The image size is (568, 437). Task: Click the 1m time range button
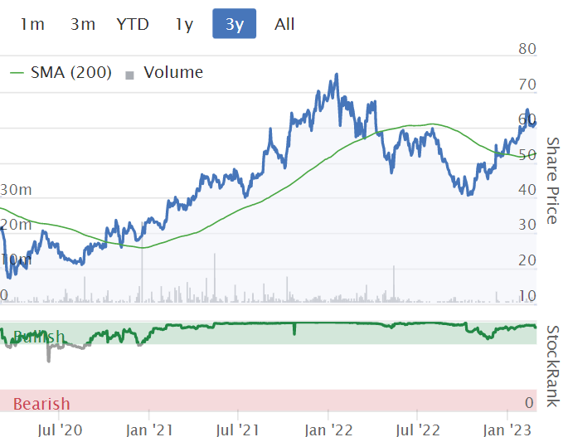click(32, 24)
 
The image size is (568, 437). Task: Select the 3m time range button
click(83, 24)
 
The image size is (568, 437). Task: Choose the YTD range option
click(133, 24)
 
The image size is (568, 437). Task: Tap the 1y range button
click(184, 24)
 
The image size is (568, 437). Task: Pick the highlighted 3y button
click(235, 24)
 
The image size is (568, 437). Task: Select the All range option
click(284, 24)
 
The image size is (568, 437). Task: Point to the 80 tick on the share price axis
click(527, 49)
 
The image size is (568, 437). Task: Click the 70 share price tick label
click(527, 85)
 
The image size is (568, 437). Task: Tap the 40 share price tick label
click(527, 189)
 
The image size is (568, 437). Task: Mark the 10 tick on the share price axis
click(527, 295)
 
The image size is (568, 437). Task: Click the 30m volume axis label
click(16, 189)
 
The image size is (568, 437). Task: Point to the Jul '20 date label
click(60, 430)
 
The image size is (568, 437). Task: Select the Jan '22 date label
click(328, 430)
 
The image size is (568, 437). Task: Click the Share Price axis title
click(551, 181)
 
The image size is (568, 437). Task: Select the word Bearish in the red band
click(41, 404)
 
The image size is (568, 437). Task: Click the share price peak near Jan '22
click(336, 75)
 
